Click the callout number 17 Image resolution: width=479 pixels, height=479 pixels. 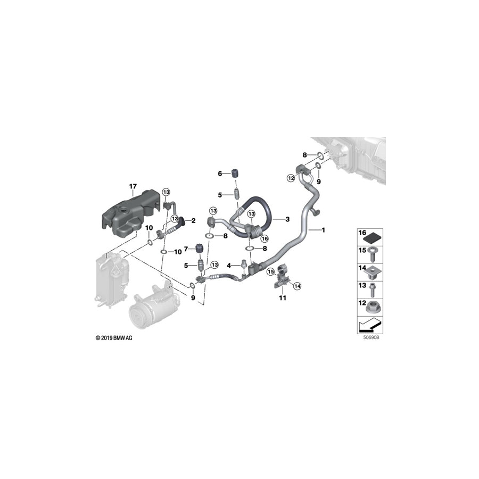click(x=133, y=186)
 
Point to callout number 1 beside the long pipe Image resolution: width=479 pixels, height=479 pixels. click(x=323, y=230)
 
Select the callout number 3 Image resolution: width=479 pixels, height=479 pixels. click(x=287, y=219)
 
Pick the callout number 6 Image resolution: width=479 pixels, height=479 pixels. click(x=219, y=174)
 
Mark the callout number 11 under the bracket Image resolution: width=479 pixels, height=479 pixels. click(x=282, y=298)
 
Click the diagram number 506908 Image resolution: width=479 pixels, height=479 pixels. click(x=371, y=337)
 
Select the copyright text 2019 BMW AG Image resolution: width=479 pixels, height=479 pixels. click(x=114, y=338)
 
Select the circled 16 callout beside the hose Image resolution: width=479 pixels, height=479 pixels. click(x=264, y=238)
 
